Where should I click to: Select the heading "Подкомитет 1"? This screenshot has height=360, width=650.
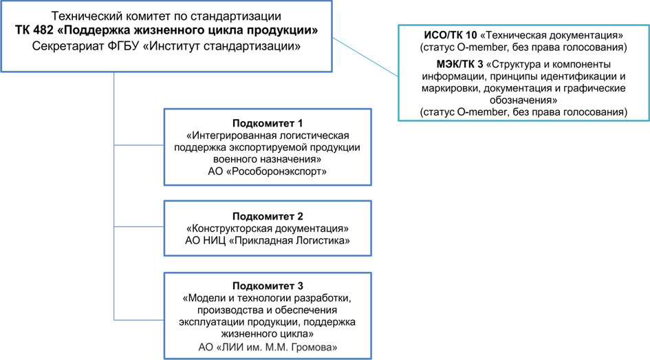[268, 123]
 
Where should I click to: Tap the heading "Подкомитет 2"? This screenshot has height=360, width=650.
[268, 216]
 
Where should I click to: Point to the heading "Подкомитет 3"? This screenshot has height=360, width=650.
[268, 286]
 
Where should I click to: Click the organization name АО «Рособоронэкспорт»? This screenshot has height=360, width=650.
[268, 171]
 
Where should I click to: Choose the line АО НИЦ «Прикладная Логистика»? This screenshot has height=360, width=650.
[268, 240]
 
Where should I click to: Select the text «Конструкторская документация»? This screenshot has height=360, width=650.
[268, 229]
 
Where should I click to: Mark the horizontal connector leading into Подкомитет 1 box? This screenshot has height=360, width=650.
[138, 145]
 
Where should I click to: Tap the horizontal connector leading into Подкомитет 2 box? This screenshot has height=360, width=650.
[138, 227]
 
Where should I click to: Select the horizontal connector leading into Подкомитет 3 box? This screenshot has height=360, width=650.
[138, 320]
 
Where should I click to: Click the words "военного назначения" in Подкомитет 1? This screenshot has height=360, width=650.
[268, 159]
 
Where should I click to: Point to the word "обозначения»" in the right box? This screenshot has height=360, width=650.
[523, 100]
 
